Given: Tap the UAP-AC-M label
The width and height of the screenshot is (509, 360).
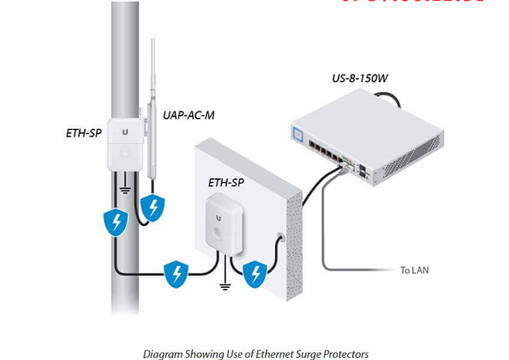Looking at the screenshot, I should tap(188, 115).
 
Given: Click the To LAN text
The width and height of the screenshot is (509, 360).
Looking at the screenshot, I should tap(414, 270).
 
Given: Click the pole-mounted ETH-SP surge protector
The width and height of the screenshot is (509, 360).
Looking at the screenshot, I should tap(127, 143).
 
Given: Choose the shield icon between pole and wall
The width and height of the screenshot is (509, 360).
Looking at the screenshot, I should tap(176, 273).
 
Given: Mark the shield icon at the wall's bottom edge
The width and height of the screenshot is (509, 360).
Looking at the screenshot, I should tap(255, 273).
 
